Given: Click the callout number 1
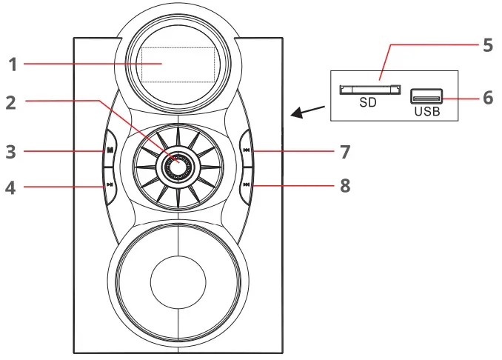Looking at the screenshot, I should (x=13, y=64).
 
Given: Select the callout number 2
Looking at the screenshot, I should (x=10, y=102).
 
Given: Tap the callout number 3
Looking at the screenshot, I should (x=10, y=152).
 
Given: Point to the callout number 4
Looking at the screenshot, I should (x=10, y=187).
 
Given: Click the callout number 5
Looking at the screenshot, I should (x=487, y=45).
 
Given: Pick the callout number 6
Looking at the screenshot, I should (x=487, y=97).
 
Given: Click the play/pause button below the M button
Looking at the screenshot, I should (x=109, y=187).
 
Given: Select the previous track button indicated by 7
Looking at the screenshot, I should (x=246, y=151).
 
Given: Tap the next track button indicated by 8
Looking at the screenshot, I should (x=246, y=187).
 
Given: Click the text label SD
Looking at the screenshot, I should (x=368, y=104).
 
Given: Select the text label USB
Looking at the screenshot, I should (x=426, y=112).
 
